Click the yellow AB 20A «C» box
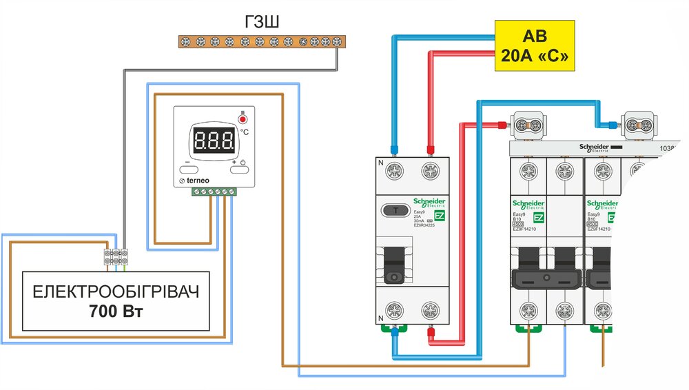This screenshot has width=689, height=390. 535,46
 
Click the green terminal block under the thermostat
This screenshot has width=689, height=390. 213,192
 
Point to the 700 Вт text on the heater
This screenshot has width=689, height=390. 115,310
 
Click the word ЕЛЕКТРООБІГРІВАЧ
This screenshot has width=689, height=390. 115,291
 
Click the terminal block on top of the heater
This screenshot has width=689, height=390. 116,256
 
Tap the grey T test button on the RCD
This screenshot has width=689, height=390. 395,210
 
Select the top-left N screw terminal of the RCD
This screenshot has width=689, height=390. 395,170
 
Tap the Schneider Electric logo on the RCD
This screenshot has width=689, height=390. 429,202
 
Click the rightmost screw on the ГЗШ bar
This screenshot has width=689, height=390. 337,42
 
